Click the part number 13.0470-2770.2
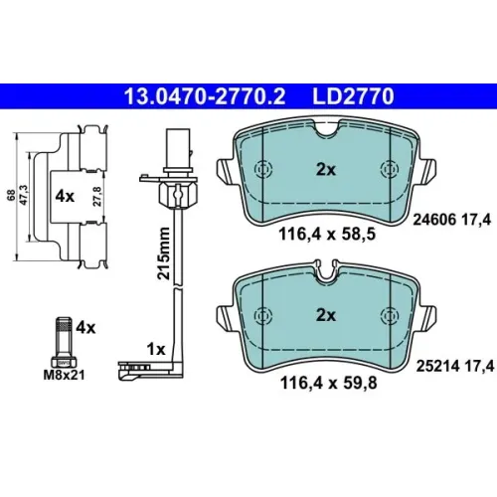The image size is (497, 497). (x=205, y=96)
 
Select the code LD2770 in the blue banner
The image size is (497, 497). (x=353, y=96)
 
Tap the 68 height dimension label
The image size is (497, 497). (x=11, y=195)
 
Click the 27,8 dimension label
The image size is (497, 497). (x=97, y=197)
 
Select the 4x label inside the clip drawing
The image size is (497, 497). (x=65, y=197)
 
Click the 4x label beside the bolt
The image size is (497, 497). (x=85, y=328)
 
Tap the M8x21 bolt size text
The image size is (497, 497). (x=65, y=375)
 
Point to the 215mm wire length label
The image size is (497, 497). (x=164, y=253)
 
